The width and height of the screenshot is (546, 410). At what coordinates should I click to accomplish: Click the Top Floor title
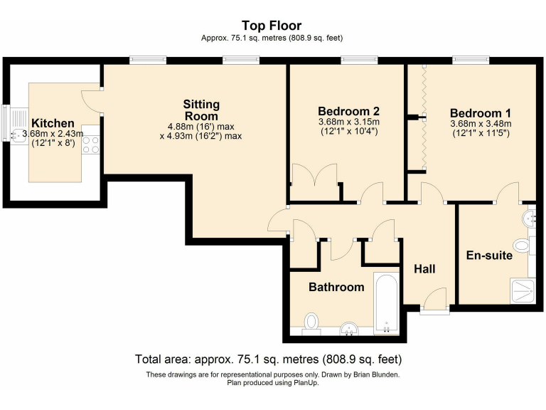272,26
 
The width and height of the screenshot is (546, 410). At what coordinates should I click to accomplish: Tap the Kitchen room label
53,123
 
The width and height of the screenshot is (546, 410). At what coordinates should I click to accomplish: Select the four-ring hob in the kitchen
91,144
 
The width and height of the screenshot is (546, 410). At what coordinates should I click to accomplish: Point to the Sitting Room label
201,110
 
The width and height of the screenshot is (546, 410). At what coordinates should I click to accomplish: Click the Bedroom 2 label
348,111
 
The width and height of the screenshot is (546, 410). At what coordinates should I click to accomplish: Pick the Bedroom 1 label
481,113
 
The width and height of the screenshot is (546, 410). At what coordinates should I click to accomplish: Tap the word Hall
424,269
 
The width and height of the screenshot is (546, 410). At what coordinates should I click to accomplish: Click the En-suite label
489,256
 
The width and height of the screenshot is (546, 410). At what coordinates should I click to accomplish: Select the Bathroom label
336,287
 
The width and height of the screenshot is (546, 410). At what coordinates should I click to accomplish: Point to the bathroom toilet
311,322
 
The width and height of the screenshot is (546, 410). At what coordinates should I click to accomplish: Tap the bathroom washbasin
349,329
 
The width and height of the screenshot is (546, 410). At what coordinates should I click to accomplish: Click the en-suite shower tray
523,290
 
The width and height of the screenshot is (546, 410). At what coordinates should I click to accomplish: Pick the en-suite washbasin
529,219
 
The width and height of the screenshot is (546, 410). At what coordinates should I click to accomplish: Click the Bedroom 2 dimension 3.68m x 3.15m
349,122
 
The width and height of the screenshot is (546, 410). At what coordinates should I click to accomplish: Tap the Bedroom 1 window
471,61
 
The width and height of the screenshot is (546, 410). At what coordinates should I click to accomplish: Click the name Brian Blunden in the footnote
376,375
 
